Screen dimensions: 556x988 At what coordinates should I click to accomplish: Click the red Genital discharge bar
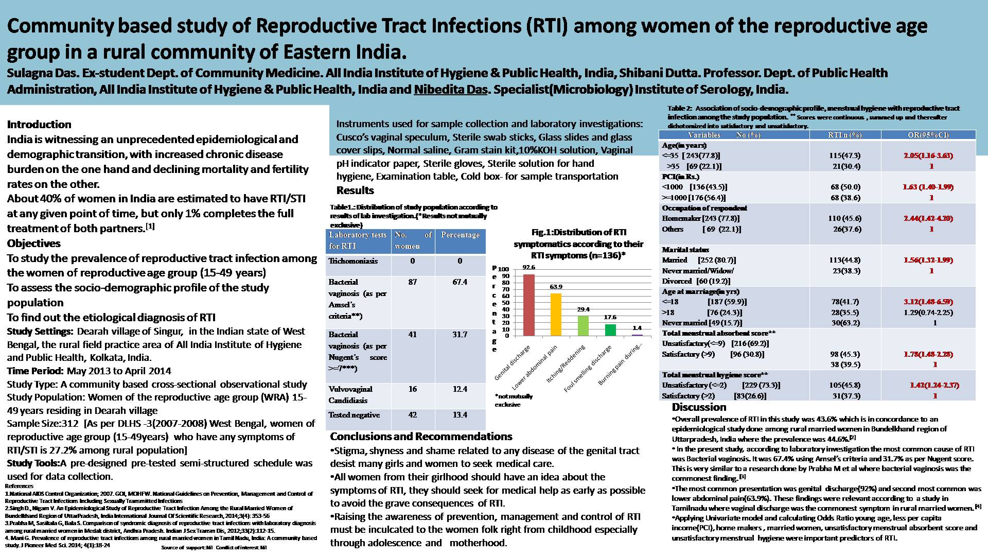[x=529, y=305]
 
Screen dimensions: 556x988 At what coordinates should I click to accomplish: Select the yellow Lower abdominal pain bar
[x=556, y=315]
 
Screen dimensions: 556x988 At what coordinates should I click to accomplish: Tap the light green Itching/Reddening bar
[x=583, y=326]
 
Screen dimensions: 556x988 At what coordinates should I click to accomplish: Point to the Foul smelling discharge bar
[x=610, y=330]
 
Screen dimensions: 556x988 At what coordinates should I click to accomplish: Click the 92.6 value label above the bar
[x=528, y=267]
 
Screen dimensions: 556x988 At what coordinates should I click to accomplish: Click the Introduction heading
[x=39, y=125]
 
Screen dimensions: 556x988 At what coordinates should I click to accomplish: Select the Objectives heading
[x=34, y=244]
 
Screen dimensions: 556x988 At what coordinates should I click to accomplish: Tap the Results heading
[x=355, y=190]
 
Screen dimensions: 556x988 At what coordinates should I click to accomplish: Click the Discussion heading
[x=699, y=407]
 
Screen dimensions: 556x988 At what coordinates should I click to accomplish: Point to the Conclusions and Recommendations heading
[x=421, y=437]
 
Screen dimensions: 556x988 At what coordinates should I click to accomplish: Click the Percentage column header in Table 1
[x=460, y=235]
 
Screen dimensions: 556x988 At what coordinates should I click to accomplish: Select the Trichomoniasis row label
[x=353, y=261]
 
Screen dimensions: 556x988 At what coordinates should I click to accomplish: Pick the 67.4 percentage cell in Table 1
[x=460, y=282]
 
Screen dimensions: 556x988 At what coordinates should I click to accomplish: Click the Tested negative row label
[x=354, y=415]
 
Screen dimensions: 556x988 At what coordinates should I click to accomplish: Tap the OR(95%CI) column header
[x=928, y=135]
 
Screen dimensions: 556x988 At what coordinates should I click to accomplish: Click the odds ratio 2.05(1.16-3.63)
[x=928, y=155]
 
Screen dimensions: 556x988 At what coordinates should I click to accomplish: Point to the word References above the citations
[x=19, y=486]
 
